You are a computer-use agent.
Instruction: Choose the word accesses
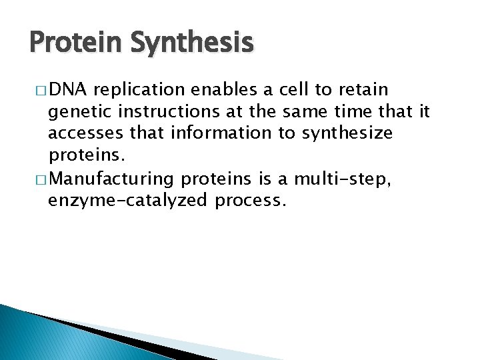[86, 134]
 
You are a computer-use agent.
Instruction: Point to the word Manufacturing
[112, 178]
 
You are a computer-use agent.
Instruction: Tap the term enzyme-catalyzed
[129, 200]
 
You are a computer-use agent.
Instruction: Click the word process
[250, 201]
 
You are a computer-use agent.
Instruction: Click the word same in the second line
[314, 112]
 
